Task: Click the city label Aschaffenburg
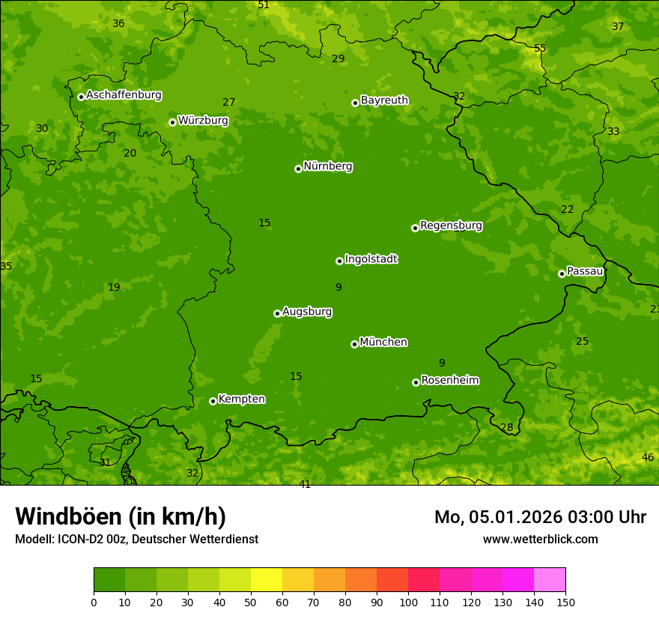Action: (124, 95)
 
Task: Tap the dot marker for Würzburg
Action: (172, 122)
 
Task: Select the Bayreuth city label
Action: (384, 100)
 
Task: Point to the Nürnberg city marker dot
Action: (298, 169)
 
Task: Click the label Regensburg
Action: (451, 226)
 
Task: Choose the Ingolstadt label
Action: (371, 259)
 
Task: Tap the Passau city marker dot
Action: (562, 274)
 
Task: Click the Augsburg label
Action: (307, 312)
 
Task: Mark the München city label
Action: (383, 342)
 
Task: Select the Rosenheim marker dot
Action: (416, 382)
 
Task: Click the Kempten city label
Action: (241, 399)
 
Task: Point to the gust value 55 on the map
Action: (540, 49)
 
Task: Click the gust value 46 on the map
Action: (648, 457)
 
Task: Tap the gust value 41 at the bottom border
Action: (305, 484)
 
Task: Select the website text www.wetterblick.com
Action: (540, 540)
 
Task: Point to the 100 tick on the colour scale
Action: (408, 601)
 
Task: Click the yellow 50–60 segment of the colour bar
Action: (267, 580)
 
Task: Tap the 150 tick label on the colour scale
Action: (565, 601)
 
